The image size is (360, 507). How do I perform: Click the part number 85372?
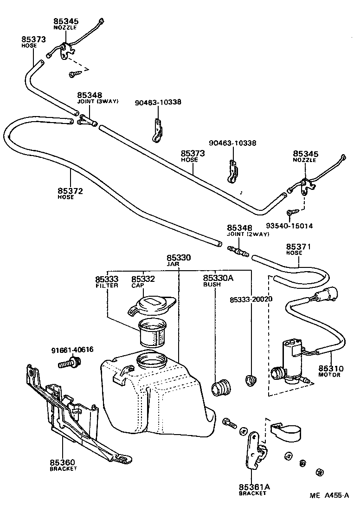click(71, 190)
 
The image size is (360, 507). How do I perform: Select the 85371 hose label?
click(298, 247)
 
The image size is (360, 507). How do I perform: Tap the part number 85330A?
click(218, 278)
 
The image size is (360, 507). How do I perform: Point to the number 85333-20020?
click(251, 299)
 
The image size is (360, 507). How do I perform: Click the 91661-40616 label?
click(72, 350)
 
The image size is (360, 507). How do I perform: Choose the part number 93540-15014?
click(289, 226)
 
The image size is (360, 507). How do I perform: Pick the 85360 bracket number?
click(63, 462)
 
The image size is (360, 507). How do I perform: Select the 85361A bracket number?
click(254, 487)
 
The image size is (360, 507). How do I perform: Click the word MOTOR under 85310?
click(329, 375)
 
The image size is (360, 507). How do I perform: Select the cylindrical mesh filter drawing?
click(152, 333)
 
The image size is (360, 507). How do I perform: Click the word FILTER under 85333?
click(107, 285)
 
